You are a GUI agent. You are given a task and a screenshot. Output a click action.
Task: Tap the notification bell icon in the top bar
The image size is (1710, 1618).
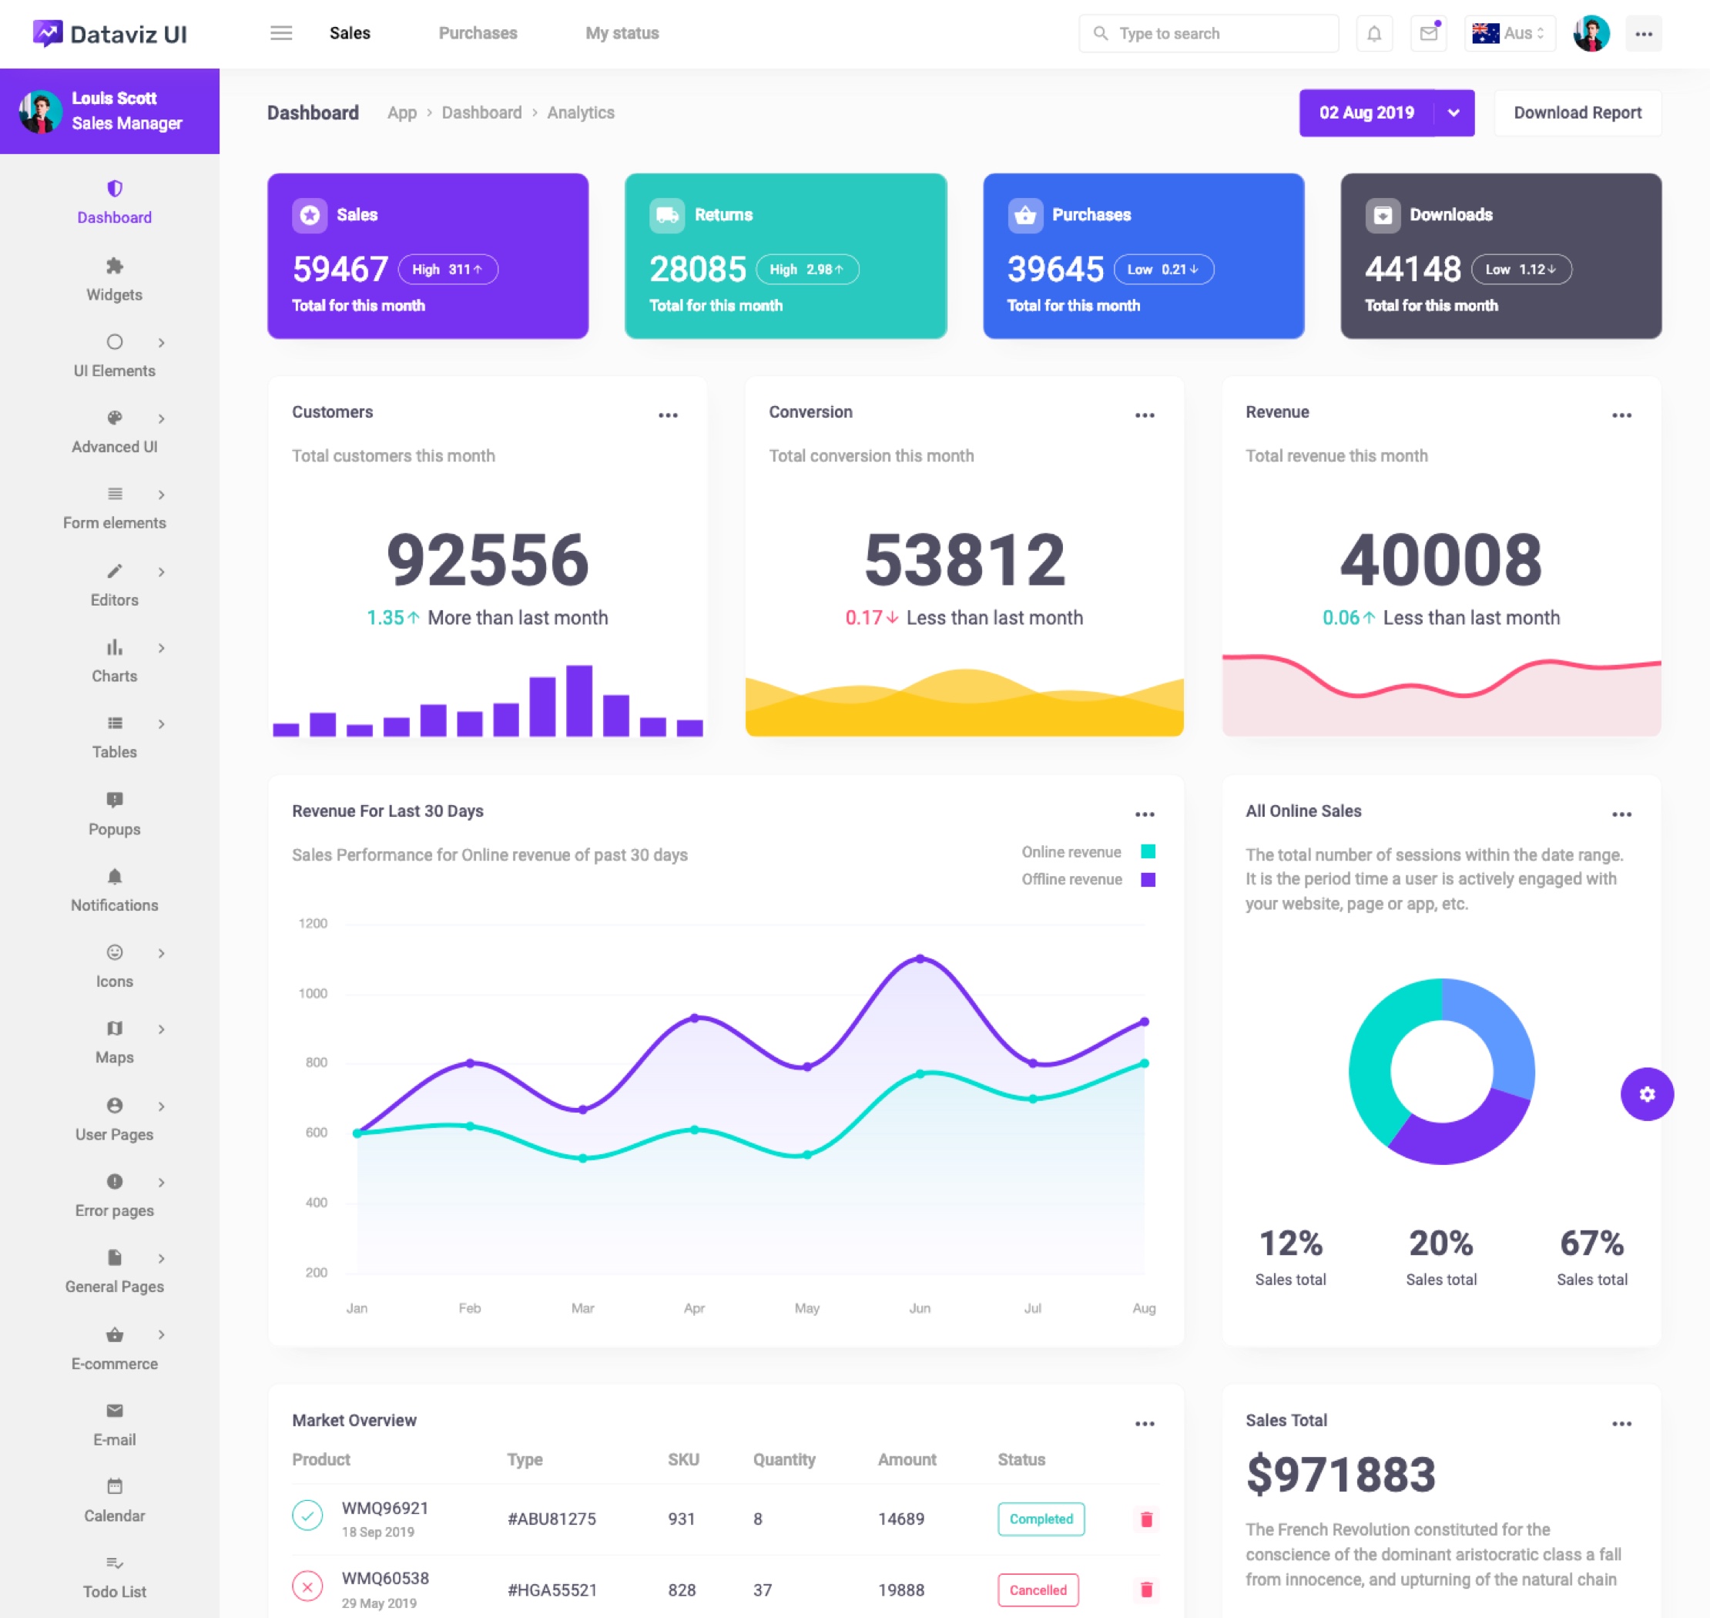tap(1373, 34)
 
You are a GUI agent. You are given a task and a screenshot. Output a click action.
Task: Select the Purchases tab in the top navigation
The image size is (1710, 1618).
tap(478, 34)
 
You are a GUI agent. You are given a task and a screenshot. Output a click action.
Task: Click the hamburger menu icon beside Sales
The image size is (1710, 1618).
tap(281, 34)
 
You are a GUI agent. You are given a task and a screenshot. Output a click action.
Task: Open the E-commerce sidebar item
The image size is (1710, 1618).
tap(115, 1348)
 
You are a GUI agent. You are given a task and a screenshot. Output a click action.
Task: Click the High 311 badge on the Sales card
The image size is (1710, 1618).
tap(448, 269)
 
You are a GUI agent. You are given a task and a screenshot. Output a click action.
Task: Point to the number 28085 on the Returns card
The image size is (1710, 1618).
tap(697, 269)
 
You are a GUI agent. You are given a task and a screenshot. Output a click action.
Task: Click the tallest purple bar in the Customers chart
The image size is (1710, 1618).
tap(578, 700)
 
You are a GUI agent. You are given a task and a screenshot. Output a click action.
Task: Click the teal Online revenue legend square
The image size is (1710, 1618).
tap(1148, 852)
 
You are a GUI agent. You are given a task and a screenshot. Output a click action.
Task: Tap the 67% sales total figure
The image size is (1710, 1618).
tap(1591, 1244)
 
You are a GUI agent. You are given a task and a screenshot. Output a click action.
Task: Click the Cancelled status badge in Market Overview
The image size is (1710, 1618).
tap(1038, 1589)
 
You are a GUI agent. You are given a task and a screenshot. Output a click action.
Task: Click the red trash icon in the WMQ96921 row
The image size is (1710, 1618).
tap(1146, 1519)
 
